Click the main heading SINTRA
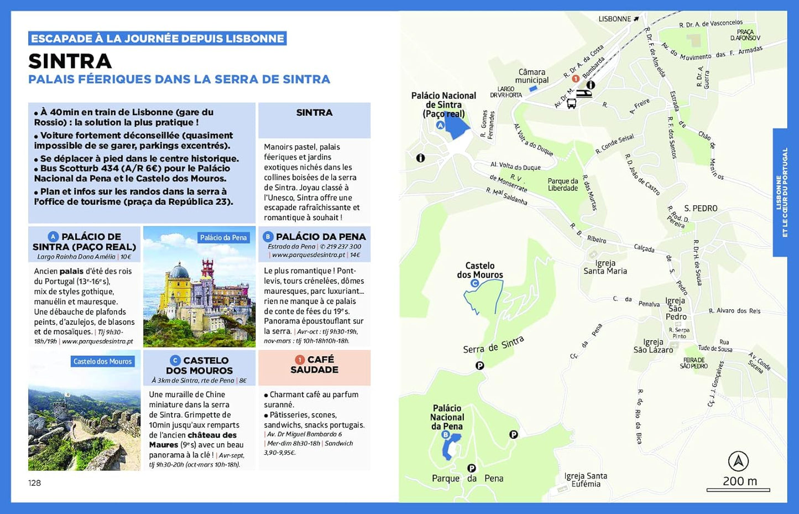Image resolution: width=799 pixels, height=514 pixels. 70,61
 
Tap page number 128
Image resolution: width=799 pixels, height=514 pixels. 34,483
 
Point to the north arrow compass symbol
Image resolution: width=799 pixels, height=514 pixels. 738,461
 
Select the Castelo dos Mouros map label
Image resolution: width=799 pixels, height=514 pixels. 480,270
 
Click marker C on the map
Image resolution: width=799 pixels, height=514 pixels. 474,283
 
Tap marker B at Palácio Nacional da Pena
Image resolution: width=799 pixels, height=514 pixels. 446,435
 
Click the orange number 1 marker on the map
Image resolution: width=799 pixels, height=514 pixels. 575,79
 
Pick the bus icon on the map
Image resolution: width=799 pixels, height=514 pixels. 572,103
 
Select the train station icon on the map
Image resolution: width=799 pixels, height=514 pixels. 584,94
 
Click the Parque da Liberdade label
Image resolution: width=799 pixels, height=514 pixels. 563,185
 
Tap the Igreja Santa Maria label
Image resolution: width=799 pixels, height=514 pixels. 605,267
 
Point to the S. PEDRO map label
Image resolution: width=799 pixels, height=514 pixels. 701,208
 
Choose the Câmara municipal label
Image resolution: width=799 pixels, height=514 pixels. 532,76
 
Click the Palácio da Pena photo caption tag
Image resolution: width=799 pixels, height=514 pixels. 223,237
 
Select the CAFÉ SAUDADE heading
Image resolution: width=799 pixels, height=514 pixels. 314,364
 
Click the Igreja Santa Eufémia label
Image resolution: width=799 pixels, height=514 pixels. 586,480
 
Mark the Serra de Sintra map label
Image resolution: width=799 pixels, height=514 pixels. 493,345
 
